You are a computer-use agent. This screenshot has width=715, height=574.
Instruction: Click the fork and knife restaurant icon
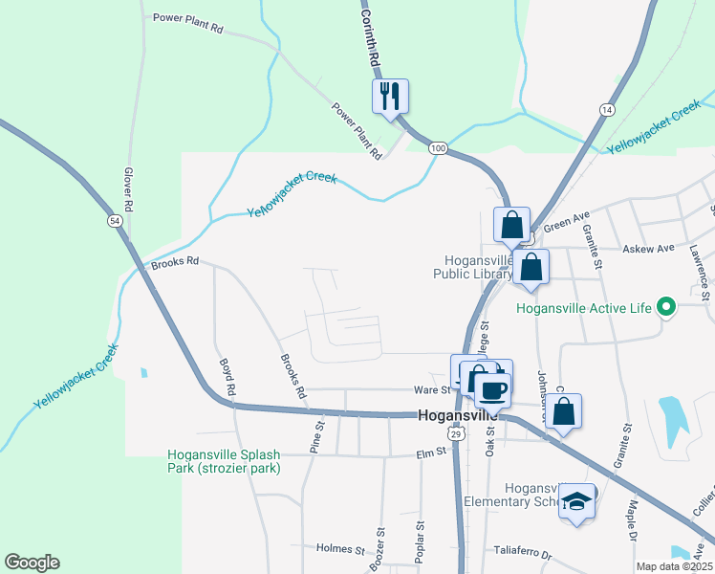(x=390, y=97)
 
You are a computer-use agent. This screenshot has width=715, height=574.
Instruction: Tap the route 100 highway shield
(x=438, y=147)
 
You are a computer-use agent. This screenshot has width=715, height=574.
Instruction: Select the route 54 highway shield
(x=115, y=221)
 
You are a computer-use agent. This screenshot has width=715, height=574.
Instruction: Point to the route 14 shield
(x=606, y=111)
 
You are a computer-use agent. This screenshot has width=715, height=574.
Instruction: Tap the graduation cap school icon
(x=576, y=503)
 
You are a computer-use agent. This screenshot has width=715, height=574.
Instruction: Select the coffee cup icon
(x=493, y=388)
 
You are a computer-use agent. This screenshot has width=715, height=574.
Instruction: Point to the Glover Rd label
(x=126, y=188)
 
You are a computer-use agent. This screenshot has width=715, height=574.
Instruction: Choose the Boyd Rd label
(x=227, y=378)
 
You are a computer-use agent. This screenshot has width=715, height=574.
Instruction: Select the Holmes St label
(x=340, y=549)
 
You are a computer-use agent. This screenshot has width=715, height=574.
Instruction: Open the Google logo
(x=32, y=563)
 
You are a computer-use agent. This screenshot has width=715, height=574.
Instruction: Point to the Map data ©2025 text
(x=674, y=566)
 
